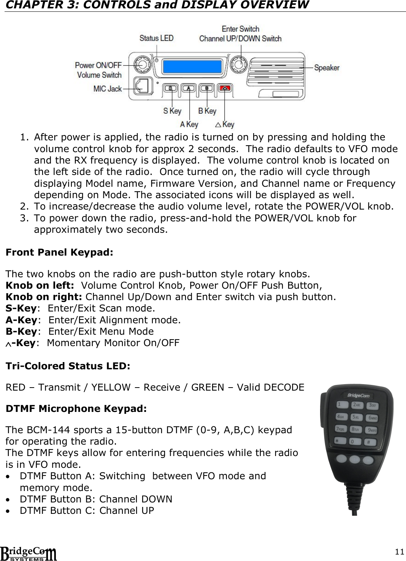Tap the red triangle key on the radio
(225, 88)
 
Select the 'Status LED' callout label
(156, 38)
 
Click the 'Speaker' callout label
(327, 68)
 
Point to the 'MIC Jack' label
(108, 89)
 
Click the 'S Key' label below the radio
(172, 111)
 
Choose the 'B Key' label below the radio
(207, 111)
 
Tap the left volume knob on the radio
(141, 65)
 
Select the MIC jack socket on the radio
(143, 86)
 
